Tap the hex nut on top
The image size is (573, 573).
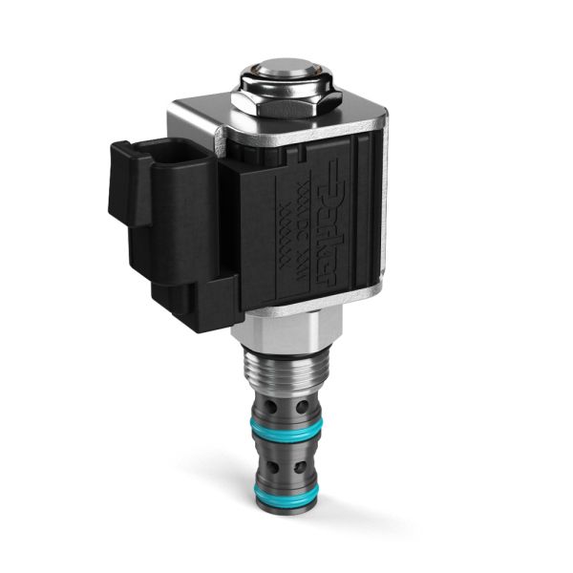point(283,107)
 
